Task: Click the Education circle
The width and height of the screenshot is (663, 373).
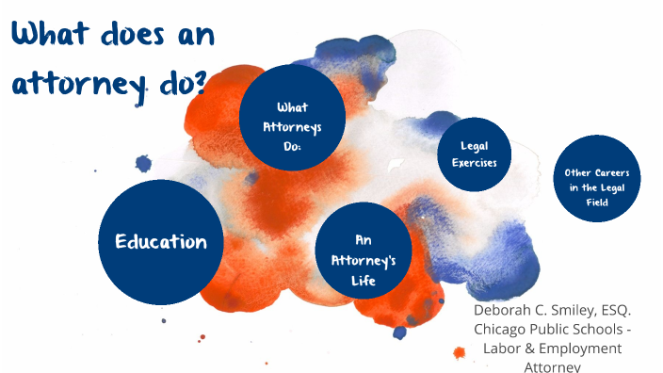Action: point(161,242)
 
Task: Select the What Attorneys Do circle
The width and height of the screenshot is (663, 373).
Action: point(292,118)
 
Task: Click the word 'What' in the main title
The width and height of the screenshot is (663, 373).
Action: point(51,35)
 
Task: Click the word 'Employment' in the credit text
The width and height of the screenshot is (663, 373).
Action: point(584,349)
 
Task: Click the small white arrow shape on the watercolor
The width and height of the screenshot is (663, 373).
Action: point(396,165)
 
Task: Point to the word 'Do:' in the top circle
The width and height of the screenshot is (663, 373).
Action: point(292,146)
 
